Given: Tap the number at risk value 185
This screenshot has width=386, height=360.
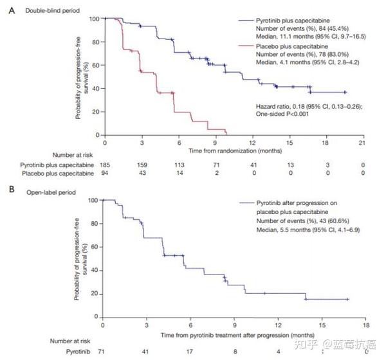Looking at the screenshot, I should [x=105, y=165].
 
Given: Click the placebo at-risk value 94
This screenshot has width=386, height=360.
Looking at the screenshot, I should [x=105, y=174].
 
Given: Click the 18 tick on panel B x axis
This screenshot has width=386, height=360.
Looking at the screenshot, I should [x=365, y=327].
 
